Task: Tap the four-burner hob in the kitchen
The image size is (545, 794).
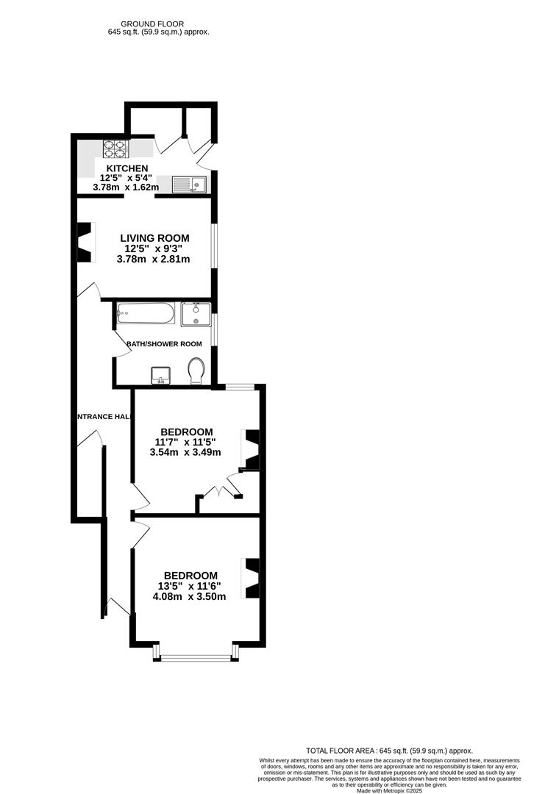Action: click(x=115, y=149)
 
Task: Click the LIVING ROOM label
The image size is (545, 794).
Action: click(x=154, y=238)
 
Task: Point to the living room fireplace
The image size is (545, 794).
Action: click(x=87, y=243)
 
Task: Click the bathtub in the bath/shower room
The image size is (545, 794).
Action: click(x=145, y=315)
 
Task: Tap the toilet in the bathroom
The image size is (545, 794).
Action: click(x=196, y=371)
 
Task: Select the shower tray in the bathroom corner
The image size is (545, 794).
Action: click(x=196, y=315)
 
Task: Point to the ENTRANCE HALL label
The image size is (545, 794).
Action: click(x=104, y=417)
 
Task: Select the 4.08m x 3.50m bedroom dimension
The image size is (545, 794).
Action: click(x=189, y=597)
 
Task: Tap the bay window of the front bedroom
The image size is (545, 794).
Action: click(x=196, y=655)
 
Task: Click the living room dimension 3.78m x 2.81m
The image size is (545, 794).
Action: click(x=154, y=259)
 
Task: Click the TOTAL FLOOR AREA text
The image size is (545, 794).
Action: click(x=389, y=750)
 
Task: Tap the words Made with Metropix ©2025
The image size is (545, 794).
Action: click(x=389, y=790)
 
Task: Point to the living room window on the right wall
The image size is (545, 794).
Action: click(x=214, y=245)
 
